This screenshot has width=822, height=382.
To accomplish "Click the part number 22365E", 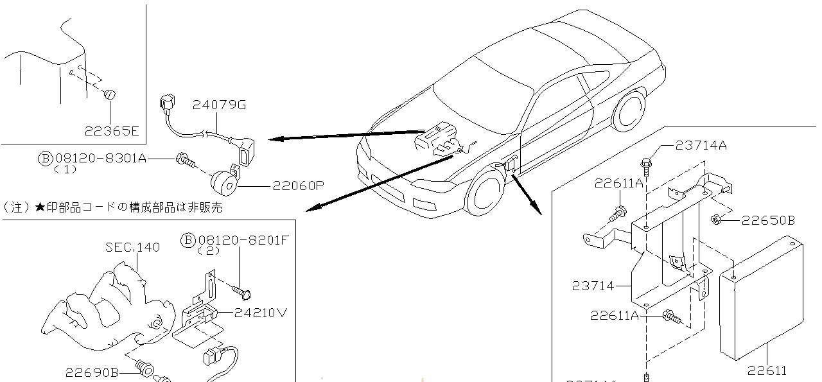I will click(x=111, y=131).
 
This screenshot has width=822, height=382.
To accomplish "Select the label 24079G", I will click(x=220, y=105).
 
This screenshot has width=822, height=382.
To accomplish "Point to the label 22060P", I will click(x=298, y=186).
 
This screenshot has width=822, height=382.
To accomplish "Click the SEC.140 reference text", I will click(x=133, y=247).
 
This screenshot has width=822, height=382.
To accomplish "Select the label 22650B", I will click(x=768, y=221).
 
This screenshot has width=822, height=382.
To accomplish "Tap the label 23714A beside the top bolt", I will click(x=701, y=146).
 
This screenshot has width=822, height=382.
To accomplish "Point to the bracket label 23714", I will click(x=593, y=286).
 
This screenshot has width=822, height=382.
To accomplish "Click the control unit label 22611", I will click(x=766, y=370).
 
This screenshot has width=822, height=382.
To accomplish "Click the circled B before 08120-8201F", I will click(x=187, y=240).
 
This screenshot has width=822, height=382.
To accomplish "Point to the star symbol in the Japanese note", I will click(x=40, y=208).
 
